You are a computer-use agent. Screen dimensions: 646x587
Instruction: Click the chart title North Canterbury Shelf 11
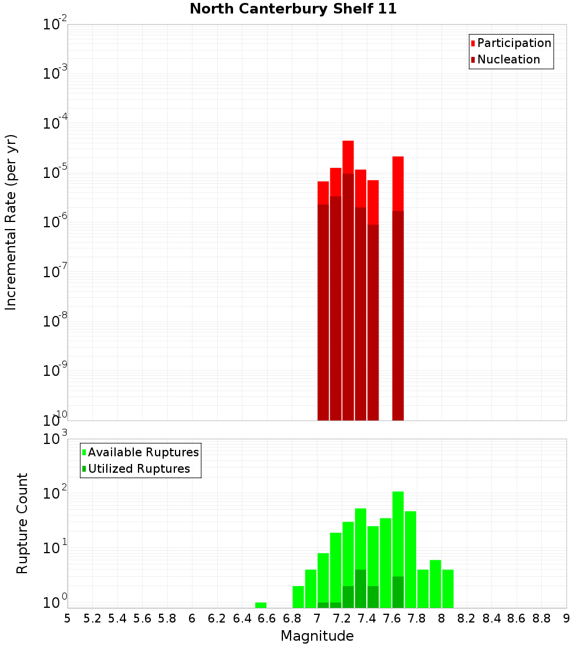293,9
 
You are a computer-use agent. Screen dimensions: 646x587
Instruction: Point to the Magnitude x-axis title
317,636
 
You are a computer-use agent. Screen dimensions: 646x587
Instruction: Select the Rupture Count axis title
22,523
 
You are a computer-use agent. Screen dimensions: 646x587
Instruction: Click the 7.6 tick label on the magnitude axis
392,618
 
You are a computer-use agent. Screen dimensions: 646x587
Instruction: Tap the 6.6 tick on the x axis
267,618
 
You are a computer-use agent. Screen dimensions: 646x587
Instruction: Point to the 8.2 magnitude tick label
467,618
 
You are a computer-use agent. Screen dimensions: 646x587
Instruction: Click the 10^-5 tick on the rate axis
55,173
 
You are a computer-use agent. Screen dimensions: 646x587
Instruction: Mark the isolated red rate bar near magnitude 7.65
398,288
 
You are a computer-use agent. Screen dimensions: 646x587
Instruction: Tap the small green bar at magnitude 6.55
261,605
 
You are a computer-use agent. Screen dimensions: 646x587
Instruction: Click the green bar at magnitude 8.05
448,588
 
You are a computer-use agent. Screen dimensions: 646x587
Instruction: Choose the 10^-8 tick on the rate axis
55,321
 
